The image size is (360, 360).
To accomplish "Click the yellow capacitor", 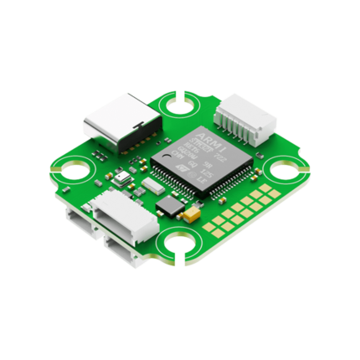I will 192,216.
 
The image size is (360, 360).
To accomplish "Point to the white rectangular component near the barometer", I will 150,183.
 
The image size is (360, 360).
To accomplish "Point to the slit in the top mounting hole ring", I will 177,95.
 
